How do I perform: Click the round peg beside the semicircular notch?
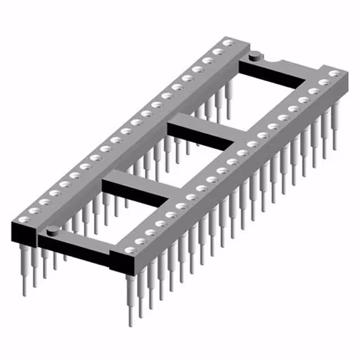tap(254, 55)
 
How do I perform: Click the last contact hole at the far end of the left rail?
tap(228, 43)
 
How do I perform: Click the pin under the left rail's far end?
tap(228, 98)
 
